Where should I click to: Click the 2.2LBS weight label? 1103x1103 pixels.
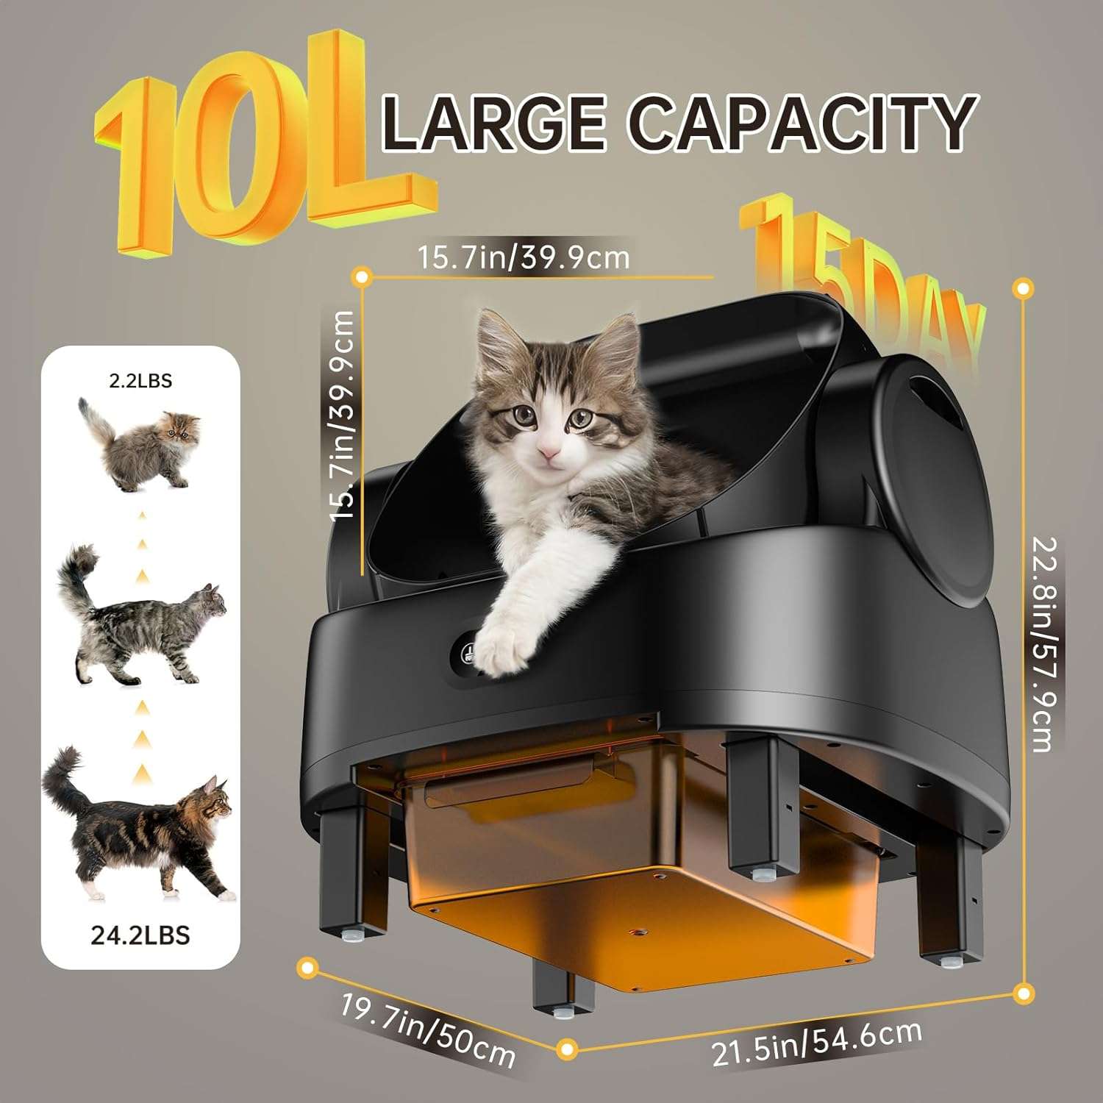coord(140,380)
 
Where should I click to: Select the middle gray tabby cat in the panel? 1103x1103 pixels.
coord(140,618)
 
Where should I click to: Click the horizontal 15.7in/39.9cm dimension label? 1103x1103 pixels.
coord(524,257)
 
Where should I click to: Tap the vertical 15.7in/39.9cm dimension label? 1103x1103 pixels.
coord(342,415)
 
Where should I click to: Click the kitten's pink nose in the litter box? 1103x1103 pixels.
coord(548,451)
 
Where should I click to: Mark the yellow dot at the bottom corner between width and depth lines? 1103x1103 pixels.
coord(567,1049)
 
